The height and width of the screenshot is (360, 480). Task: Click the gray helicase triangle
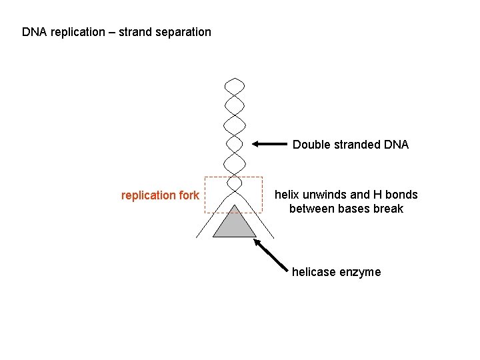pyautogui.click(x=234, y=225)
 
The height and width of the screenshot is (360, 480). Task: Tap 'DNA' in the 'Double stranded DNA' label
pyautogui.click(x=396, y=145)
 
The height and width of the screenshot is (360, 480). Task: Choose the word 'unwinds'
pyautogui.click(x=325, y=195)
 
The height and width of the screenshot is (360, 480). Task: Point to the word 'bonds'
pyautogui.click(x=401, y=195)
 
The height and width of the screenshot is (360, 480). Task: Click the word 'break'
pyautogui.click(x=389, y=209)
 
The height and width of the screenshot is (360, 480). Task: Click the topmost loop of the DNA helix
pyautogui.click(x=234, y=86)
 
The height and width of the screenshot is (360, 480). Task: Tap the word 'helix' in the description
pyautogui.click(x=287, y=195)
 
